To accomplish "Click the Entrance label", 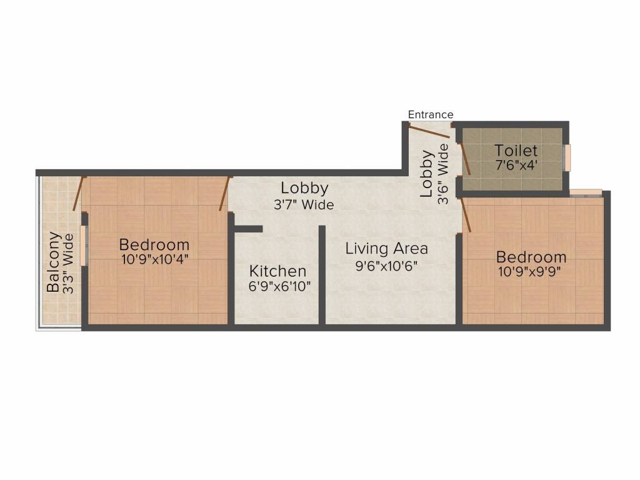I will coord(431,114).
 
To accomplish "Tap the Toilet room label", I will coord(516,151).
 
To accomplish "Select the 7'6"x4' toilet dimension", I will coord(516,166).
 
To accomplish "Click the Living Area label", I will coord(387,248).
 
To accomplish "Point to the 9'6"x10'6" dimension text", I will coord(387,265).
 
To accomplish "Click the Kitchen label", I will coord(278,271).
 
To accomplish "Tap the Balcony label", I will coord(54,262).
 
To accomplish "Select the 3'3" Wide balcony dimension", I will coord(69,262).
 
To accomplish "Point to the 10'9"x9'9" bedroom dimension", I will coord(532,272).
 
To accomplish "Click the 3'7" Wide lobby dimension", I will coord(304,204).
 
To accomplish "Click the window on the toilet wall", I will coord(568,157).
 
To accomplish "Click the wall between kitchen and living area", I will coord(322,275).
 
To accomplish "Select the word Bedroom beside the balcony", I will coord(154,244).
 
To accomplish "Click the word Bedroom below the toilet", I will coord(532,257).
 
